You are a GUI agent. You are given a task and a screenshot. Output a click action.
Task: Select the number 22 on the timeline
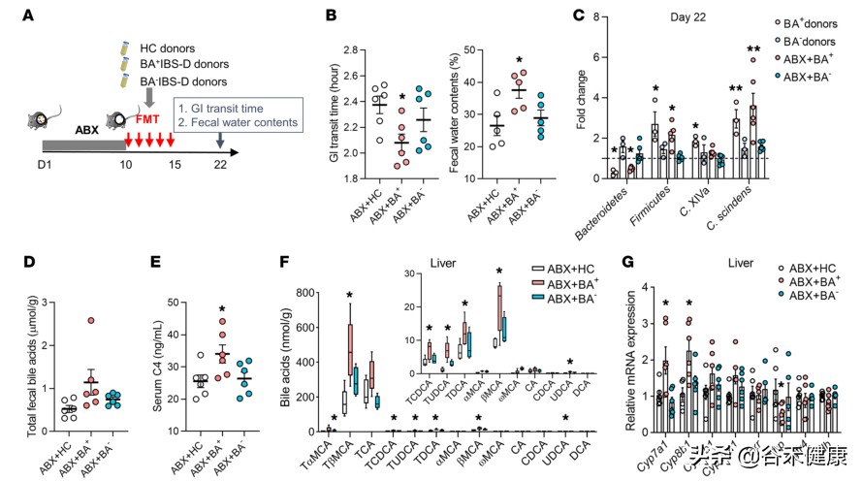pyautogui.click(x=222, y=165)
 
